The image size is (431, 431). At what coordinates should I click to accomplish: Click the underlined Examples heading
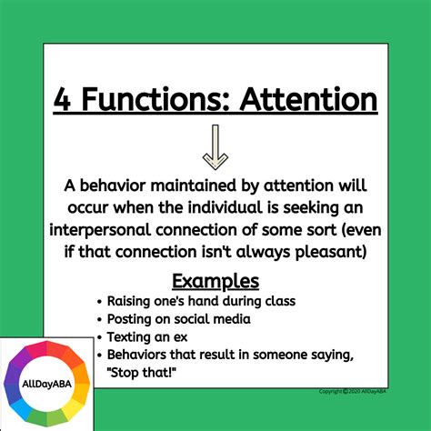click(215, 280)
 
